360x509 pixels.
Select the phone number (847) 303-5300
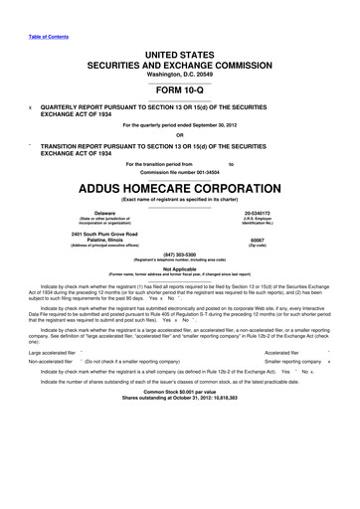[180, 254]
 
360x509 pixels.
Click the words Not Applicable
[180, 268]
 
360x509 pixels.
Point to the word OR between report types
[180, 136]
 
